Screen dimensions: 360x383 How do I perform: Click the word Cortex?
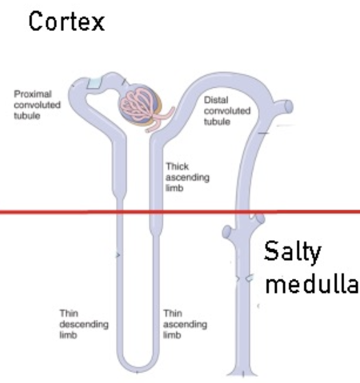click(67, 21)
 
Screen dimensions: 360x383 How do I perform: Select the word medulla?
click(312, 283)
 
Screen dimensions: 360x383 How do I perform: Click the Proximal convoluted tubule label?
click(37, 105)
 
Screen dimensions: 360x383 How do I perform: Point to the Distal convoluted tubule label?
click(227, 111)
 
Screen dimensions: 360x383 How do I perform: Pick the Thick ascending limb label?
click(188, 177)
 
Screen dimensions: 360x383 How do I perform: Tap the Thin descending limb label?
click(84, 324)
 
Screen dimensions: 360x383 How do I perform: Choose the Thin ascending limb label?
click(185, 324)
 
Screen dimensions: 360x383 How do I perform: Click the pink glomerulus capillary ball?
click(139, 104)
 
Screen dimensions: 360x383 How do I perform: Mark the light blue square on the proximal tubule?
click(94, 83)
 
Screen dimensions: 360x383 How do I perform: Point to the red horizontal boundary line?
click(180, 211)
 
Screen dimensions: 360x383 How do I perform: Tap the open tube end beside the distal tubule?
click(289, 107)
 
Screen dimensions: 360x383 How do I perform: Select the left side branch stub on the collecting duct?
click(227, 231)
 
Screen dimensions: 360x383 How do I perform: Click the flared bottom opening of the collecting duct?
click(242, 373)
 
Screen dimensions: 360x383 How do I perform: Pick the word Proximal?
click(33, 94)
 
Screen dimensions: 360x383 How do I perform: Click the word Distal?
click(216, 100)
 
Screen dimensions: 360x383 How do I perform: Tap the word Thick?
click(177, 166)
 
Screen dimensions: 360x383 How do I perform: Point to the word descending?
click(84, 325)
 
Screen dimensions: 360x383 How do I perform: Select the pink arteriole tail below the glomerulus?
click(160, 120)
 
